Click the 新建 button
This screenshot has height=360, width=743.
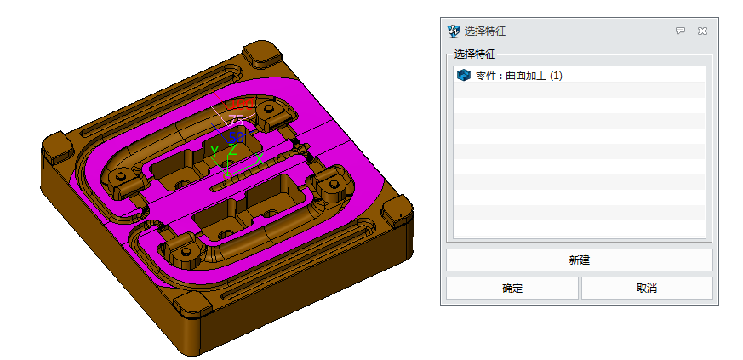pos(579,260)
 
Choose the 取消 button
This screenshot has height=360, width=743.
pos(646,289)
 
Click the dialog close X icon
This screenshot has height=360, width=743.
pos(702,31)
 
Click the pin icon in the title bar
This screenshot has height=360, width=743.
pos(680,31)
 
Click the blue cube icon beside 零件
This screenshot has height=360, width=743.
pos(463,76)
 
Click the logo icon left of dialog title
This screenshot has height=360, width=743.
pos(454,31)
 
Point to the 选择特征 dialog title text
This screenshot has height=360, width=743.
pos(485,31)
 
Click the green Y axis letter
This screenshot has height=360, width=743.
pos(214,151)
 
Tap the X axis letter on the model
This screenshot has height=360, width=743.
pos(258,158)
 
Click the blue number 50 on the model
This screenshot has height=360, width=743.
pos(236,136)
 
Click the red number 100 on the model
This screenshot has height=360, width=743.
pos(242,105)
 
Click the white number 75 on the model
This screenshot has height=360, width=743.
pos(236,121)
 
